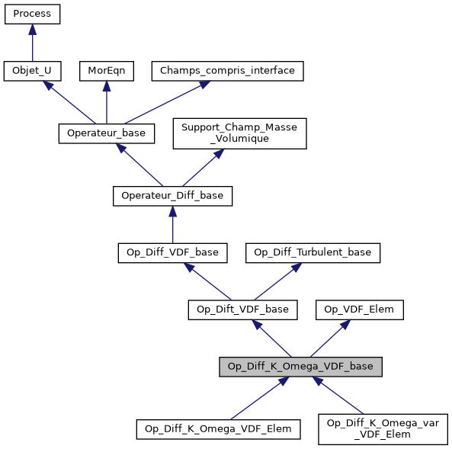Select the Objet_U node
click(x=32, y=71)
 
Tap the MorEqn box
click(x=106, y=71)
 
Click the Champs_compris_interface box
click(x=228, y=71)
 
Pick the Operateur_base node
click(x=107, y=133)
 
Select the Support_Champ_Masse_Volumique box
click(x=239, y=133)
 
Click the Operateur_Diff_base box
click(x=172, y=196)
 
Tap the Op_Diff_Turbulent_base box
click(x=313, y=252)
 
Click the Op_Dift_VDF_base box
click(x=242, y=309)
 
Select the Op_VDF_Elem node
click(x=360, y=309)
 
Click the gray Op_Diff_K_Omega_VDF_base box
click(x=300, y=367)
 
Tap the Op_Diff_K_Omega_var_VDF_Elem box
click(x=383, y=428)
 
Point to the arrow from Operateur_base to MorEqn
click(x=106, y=102)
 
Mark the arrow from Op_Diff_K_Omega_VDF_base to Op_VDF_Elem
click(x=332, y=336)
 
